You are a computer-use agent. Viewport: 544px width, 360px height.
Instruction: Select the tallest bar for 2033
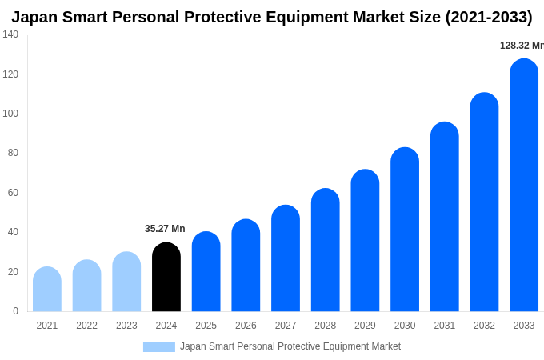(524, 186)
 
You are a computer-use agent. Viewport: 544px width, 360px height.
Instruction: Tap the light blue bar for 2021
(47, 290)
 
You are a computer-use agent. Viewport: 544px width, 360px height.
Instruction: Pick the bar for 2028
(326, 250)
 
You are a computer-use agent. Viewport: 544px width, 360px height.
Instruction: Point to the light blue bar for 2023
(126, 282)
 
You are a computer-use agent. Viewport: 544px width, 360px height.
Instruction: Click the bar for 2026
(246, 266)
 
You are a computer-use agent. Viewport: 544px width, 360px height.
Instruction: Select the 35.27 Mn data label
(165, 229)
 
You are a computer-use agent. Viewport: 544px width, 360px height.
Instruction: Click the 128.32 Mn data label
(522, 46)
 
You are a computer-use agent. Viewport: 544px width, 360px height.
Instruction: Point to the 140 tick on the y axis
(10, 34)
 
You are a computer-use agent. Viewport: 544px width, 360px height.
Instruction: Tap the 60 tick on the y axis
(13, 193)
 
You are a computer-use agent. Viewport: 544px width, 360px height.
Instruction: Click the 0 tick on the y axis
(15, 311)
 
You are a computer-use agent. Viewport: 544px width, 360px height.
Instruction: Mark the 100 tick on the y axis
(10, 114)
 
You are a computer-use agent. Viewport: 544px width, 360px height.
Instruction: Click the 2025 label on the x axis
(206, 326)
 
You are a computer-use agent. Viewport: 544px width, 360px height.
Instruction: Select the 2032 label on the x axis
(484, 326)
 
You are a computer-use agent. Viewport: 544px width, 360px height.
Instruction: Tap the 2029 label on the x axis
(365, 326)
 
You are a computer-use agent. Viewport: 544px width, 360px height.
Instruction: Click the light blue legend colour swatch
(158, 346)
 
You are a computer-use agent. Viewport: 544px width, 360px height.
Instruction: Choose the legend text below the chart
(290, 346)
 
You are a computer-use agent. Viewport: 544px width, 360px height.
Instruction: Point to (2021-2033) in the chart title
(488, 17)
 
